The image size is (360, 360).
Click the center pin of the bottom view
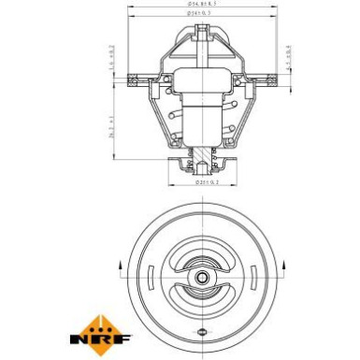click(204, 278)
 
